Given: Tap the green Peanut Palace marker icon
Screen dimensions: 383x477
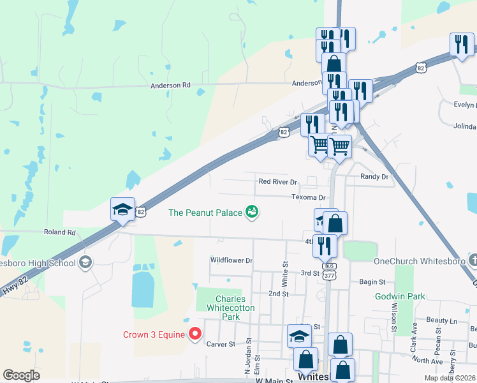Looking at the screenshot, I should click(252, 212).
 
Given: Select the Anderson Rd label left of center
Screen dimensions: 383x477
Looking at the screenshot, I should click(170, 85).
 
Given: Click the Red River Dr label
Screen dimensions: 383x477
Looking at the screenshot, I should click(278, 182).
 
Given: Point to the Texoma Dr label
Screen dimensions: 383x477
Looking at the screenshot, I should click(309, 198).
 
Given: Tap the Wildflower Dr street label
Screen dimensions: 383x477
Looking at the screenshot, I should click(231, 260).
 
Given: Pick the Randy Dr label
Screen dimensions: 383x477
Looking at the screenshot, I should click(374, 176).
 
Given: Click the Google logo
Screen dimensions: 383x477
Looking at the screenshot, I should click(21, 375).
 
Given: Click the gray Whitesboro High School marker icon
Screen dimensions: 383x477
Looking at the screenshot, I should click(85, 262).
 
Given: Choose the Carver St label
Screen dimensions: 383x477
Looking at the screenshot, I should click(222, 344).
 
